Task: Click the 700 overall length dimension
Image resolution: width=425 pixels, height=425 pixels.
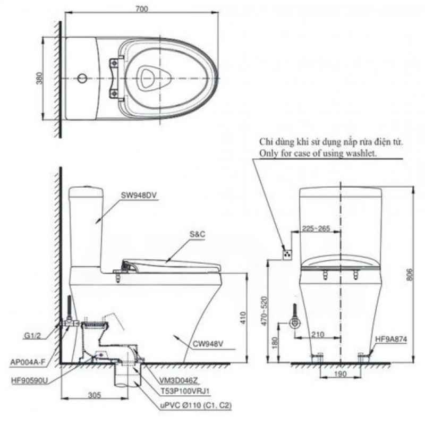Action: (x=142, y=9)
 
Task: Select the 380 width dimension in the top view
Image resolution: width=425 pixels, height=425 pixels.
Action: (x=39, y=78)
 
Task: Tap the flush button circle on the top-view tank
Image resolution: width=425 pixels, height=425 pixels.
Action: (x=82, y=78)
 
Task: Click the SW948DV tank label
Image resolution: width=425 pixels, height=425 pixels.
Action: (x=139, y=195)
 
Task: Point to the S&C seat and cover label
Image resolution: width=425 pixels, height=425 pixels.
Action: (x=197, y=234)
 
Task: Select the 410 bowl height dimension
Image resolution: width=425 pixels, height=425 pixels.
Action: (x=243, y=318)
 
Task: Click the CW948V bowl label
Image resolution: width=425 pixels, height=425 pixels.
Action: (x=208, y=344)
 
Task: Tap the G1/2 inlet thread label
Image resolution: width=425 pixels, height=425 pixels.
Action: (x=32, y=336)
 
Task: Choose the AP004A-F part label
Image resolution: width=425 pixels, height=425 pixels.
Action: (x=27, y=362)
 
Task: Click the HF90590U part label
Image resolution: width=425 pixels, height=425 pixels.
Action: (x=30, y=381)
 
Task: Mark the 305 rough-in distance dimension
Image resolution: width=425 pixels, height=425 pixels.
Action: (x=95, y=395)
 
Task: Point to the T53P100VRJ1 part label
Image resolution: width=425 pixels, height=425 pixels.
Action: (x=185, y=391)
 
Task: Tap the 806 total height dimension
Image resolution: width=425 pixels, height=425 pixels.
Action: (x=409, y=274)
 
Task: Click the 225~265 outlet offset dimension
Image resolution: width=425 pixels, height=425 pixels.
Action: (x=316, y=228)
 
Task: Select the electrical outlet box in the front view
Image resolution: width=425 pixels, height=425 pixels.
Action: (x=287, y=254)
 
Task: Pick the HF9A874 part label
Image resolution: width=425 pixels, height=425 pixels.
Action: (x=391, y=339)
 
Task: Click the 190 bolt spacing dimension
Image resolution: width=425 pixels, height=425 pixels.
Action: (x=340, y=375)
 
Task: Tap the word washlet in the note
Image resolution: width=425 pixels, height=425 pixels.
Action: (x=361, y=154)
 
